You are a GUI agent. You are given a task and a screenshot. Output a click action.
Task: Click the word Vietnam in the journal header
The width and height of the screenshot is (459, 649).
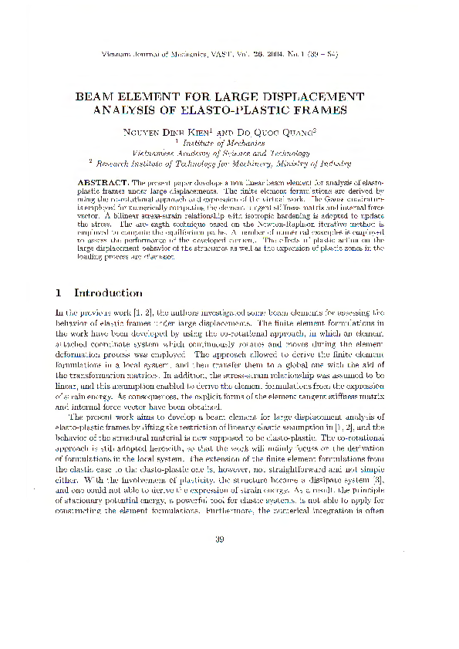120,54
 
